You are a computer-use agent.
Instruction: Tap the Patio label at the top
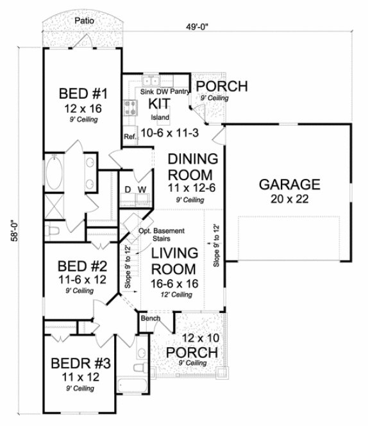(x=83, y=21)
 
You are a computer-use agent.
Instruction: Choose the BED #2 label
(x=76, y=265)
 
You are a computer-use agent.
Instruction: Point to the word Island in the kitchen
(x=160, y=118)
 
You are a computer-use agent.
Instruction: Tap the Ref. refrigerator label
(x=129, y=136)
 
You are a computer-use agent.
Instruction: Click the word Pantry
(x=181, y=92)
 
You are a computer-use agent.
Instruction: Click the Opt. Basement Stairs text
(x=163, y=235)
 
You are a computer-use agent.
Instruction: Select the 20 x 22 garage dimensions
(x=289, y=200)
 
